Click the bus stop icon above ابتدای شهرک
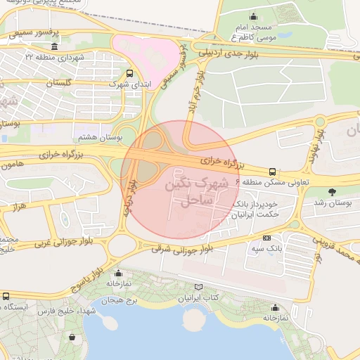click(x=129, y=72)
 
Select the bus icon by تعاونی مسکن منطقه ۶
click(x=272, y=172)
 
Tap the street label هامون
click(x=16, y=165)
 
